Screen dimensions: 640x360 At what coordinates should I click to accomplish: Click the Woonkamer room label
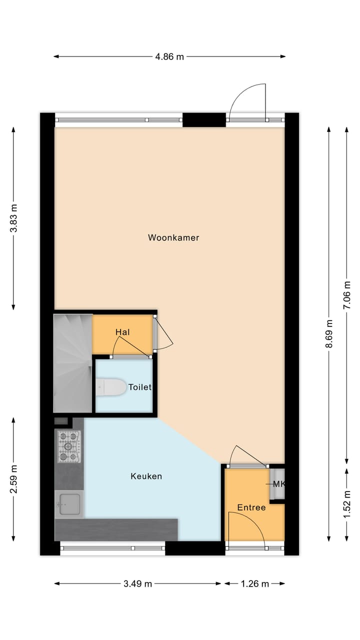173,237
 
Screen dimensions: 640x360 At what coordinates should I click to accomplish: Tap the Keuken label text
146,476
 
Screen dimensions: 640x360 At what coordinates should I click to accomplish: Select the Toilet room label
139,387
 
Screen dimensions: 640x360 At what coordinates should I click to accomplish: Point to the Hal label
123,332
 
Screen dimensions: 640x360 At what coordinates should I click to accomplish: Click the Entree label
251,507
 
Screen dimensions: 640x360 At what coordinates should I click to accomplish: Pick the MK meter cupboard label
278,483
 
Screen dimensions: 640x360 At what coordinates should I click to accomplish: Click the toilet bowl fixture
111,387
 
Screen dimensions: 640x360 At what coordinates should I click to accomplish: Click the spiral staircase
73,362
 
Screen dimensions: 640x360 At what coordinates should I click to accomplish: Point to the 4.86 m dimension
169,56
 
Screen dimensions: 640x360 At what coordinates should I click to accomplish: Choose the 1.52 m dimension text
346,505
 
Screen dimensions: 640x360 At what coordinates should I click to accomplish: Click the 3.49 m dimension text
137,583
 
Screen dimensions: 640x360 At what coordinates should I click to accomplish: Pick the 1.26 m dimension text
254,583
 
